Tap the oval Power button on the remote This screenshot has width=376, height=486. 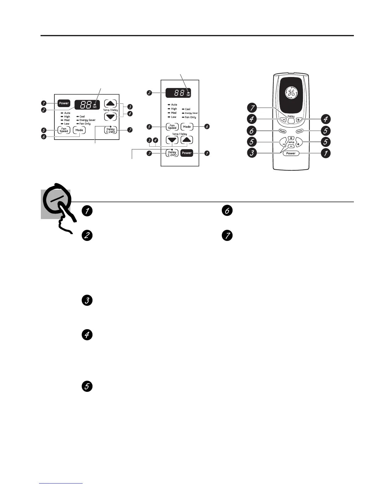pos(291,153)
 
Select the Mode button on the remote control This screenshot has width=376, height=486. pos(282,131)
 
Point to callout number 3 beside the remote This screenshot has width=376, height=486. pos(252,153)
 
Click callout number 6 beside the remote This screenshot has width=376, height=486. pos(252,131)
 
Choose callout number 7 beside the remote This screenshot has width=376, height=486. pos(252,108)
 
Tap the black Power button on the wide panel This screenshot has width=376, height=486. pos(64,103)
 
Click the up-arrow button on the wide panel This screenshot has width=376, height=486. pos(110,103)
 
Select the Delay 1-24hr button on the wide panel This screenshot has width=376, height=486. pos(110,130)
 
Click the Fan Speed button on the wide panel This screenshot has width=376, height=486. pos(64,130)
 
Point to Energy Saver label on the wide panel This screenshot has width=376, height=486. pos(87,120)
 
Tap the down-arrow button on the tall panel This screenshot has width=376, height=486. pos(172,140)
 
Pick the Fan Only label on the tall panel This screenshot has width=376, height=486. pos(190,117)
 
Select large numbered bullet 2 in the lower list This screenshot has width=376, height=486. pos(87,236)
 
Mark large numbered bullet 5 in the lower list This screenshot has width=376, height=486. pos(87,387)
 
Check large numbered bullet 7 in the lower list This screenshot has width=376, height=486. pos(227,236)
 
